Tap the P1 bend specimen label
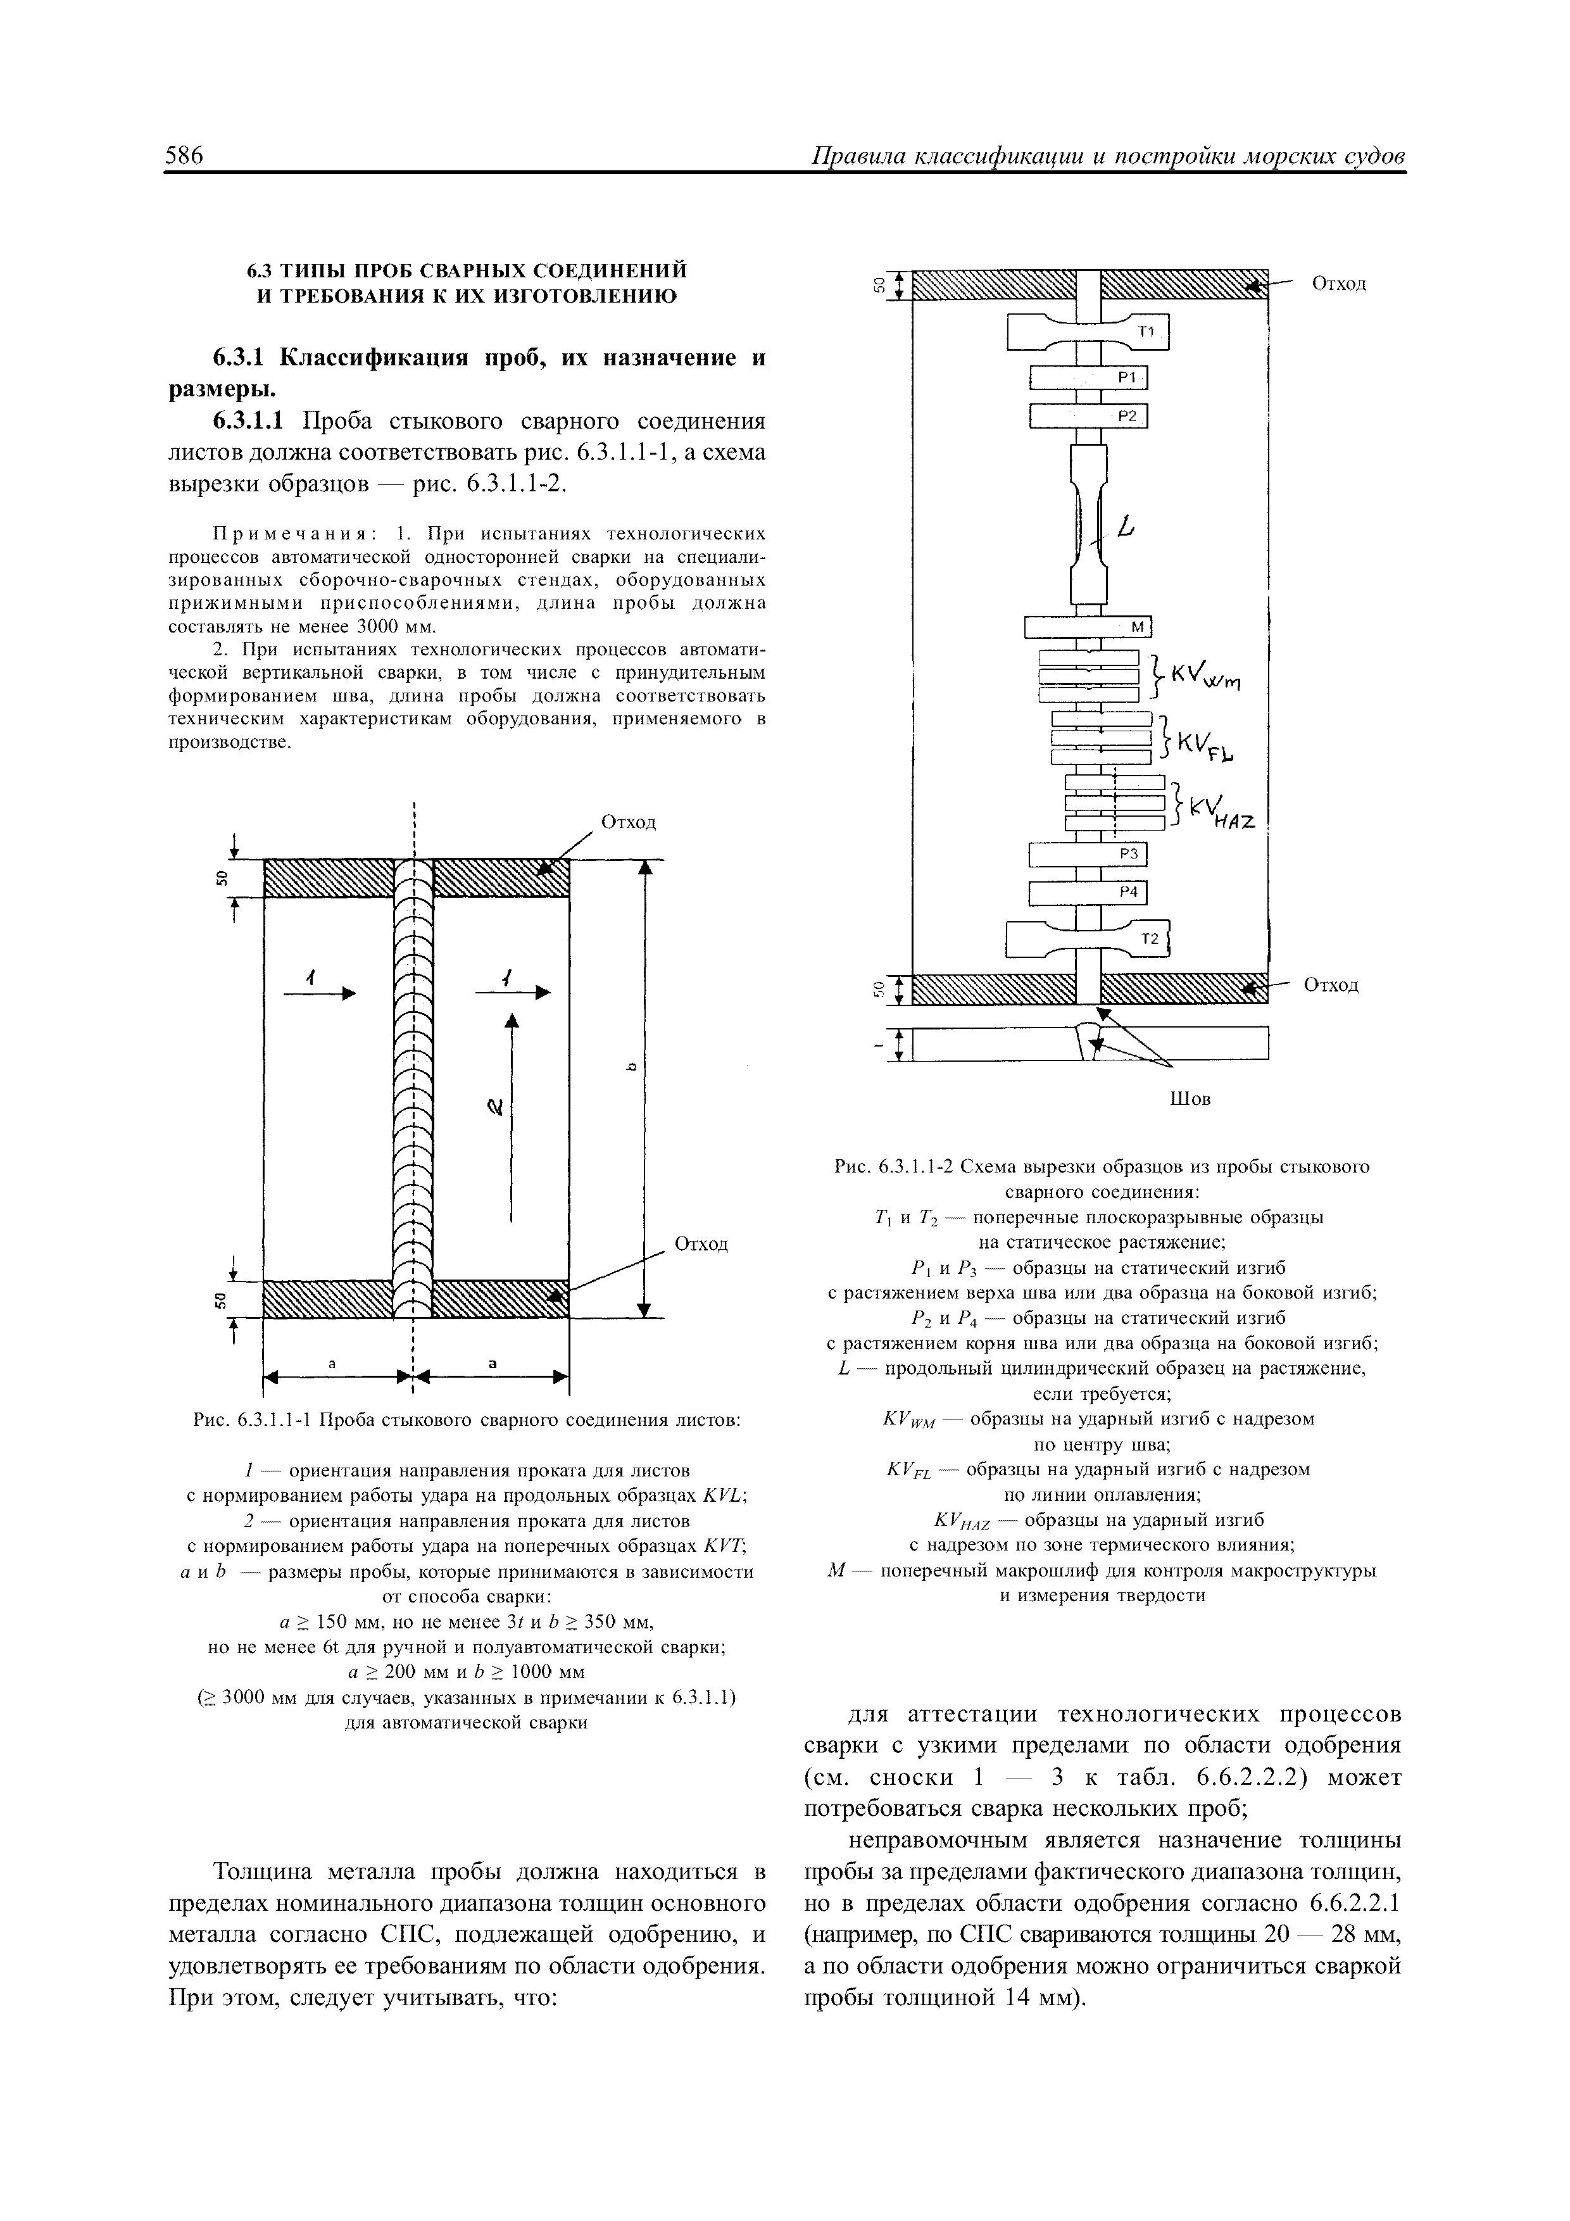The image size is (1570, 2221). (1126, 378)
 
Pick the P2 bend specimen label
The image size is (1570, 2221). (1126, 416)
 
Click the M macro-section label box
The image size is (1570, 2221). (1136, 628)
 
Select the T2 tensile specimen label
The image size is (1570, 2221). (1149, 938)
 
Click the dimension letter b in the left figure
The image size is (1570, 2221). (630, 1067)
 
